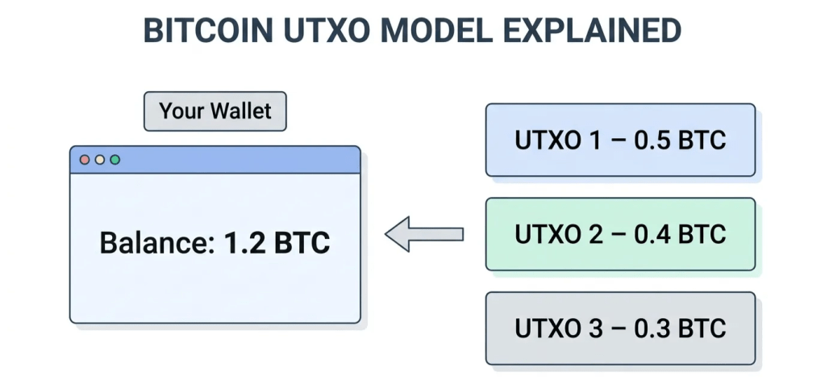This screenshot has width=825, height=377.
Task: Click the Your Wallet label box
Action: [215, 111]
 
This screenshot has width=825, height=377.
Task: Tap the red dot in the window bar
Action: [85, 160]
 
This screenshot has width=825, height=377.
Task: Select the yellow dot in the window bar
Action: [100, 160]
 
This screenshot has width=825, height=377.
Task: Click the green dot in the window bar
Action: [115, 160]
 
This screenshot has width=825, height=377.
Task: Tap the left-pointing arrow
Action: [424, 234]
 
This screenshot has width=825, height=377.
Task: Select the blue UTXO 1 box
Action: [620, 140]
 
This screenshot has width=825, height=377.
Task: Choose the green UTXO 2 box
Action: [620, 234]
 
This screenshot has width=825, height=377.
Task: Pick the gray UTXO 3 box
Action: [620, 329]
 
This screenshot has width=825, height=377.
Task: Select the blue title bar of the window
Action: [234, 160]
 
